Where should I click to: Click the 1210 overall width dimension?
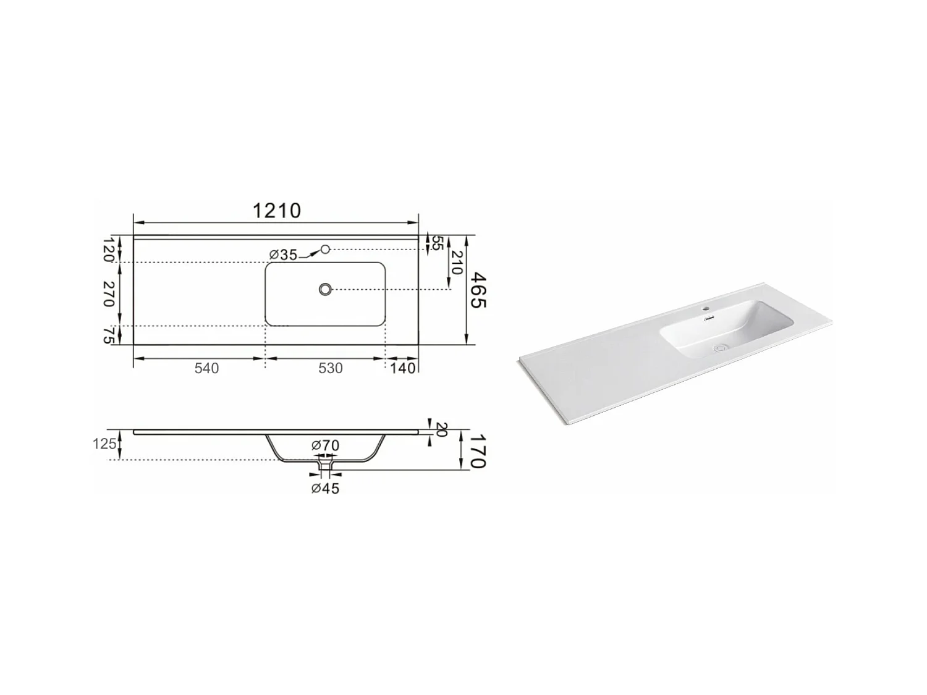276,211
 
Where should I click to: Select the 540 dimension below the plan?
206,368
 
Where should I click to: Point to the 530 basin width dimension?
330,368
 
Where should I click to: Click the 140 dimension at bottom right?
403,368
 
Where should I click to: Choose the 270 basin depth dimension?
109,293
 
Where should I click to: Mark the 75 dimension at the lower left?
109,335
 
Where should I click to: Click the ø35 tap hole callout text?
284,255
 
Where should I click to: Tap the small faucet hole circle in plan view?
326,249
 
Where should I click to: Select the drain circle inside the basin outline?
326,289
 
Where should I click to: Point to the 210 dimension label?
457,263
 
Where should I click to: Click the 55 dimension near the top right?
436,242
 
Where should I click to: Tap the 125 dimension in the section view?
105,444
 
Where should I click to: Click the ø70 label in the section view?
325,445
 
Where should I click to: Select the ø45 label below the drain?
325,489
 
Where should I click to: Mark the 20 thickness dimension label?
441,429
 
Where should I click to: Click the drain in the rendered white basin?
720,348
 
